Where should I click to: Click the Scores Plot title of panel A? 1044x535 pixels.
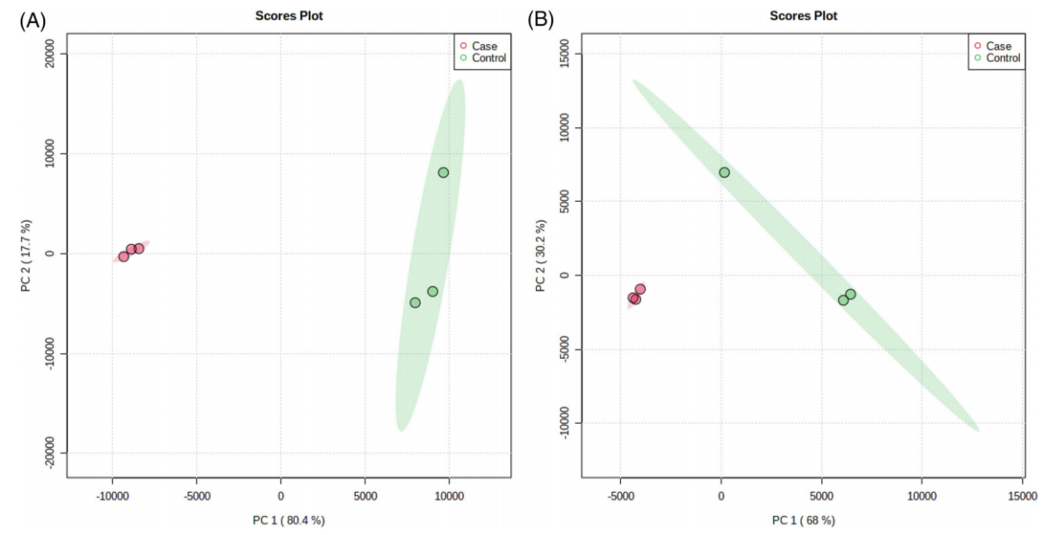pos(289,16)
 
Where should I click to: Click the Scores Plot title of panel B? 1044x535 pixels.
pos(804,16)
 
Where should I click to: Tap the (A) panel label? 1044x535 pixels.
pos(32,21)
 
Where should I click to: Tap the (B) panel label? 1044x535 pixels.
pos(540,20)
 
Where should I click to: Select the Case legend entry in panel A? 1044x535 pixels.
pos(478,46)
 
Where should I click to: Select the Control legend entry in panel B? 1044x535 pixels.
pos(997,58)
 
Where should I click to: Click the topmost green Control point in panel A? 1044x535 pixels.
pos(443,173)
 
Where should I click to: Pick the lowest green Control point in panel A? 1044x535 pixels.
pos(415,302)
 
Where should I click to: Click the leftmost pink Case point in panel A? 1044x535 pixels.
pos(124,257)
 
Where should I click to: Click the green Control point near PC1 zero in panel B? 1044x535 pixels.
pos(724,173)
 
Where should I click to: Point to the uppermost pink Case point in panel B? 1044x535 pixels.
pos(640,289)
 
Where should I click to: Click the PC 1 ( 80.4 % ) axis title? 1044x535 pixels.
pos(289,520)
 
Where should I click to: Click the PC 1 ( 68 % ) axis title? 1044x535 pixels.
pos(804,520)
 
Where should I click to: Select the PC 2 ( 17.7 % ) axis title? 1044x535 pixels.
pos(26,256)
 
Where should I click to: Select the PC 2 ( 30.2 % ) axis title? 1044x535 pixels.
pos(540,256)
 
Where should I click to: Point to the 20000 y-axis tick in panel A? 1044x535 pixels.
pos(48,53)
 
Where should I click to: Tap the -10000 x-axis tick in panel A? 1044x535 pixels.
pos(112,496)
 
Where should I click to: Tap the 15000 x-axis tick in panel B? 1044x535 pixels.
pos(1022,496)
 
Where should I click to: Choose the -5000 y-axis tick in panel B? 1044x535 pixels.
pos(564,349)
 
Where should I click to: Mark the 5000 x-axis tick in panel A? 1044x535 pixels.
pos(365,496)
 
